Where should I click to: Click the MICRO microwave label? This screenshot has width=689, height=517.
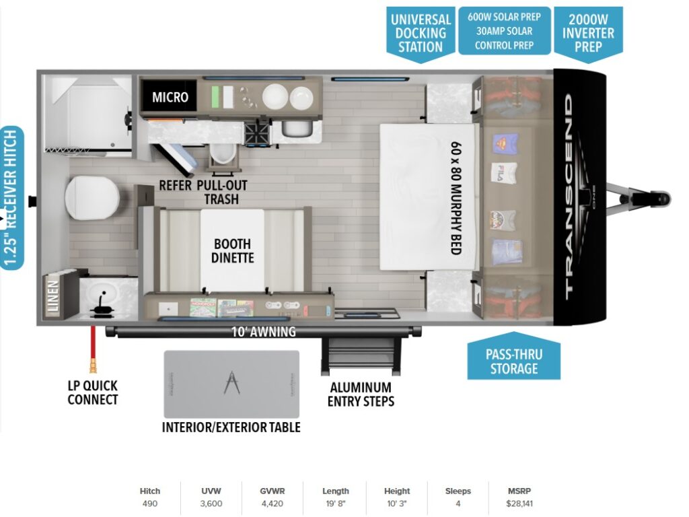click(170, 98)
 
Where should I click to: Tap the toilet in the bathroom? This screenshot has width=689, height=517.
click(92, 197)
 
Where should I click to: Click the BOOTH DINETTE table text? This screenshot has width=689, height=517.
click(232, 250)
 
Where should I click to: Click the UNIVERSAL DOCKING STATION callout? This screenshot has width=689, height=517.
click(421, 33)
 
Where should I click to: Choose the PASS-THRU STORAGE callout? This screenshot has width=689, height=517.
click(514, 361)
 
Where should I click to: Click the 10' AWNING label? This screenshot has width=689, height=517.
click(263, 331)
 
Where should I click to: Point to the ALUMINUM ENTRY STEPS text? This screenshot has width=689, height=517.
click(360, 394)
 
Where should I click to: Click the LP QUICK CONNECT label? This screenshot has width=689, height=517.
click(93, 392)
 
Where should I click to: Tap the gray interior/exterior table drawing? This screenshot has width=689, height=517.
click(231, 384)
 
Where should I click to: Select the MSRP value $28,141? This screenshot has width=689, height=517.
click(518, 504)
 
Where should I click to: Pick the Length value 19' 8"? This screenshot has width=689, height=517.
click(335, 504)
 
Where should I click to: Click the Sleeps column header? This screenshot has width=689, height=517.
click(458, 491)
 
